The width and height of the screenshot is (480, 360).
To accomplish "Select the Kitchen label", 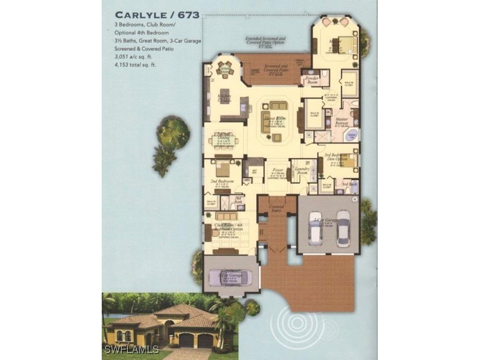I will click(x=224, y=97).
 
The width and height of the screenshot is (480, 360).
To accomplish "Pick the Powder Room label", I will click(x=312, y=80).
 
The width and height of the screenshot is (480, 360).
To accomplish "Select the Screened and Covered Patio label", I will click(x=276, y=68).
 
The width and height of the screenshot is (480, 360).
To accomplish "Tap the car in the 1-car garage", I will click(x=230, y=277).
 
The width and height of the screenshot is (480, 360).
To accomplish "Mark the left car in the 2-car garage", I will click(x=315, y=228).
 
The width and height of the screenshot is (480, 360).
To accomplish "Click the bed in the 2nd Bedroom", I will click(x=222, y=168).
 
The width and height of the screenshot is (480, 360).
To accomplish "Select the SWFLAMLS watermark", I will click(x=132, y=350).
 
